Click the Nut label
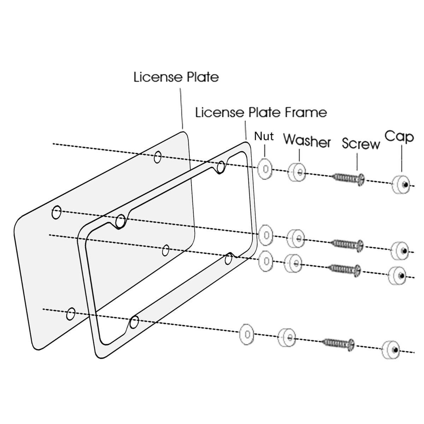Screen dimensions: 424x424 click(264, 136)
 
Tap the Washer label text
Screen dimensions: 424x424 click(307, 141)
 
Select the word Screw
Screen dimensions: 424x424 click(361, 144)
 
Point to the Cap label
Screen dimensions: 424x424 click(399, 137)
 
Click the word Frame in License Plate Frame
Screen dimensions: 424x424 click(306, 112)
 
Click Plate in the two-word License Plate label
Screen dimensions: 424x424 click(203, 77)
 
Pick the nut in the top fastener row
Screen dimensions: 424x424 click(265, 169)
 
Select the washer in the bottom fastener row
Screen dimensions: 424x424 click(287, 337)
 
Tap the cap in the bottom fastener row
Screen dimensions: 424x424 click(391, 350)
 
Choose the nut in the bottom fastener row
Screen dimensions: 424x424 click(247, 334)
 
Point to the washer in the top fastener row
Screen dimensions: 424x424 click(296, 172)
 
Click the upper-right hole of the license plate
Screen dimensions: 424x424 click(158, 157)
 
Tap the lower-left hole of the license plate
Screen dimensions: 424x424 click(71, 314)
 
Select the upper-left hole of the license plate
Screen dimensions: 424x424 click(56, 212)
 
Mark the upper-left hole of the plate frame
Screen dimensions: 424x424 click(120, 221)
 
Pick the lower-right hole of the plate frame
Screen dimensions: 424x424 click(228, 259)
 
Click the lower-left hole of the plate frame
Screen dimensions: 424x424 click(134, 322)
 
